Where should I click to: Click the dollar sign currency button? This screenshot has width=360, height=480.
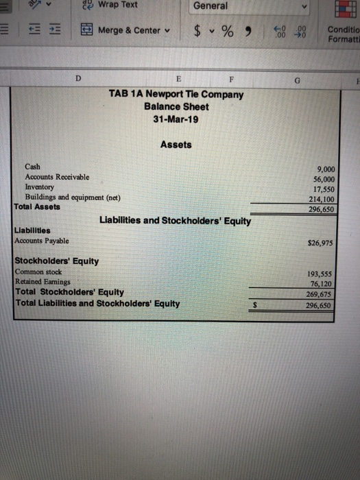tap(197, 30)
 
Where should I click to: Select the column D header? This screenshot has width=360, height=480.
tap(79, 79)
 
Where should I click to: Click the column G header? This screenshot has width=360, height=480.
tap(296, 79)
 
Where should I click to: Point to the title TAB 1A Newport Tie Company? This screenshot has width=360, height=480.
tap(176, 95)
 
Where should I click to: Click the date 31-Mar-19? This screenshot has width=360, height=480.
tap(176, 119)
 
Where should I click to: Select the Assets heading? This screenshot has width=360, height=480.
tap(176, 145)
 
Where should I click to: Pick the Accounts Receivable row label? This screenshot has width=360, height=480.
tap(57, 177)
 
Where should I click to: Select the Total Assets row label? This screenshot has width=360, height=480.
tap(37, 206)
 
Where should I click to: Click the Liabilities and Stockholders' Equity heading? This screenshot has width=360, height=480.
tap(176, 221)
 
